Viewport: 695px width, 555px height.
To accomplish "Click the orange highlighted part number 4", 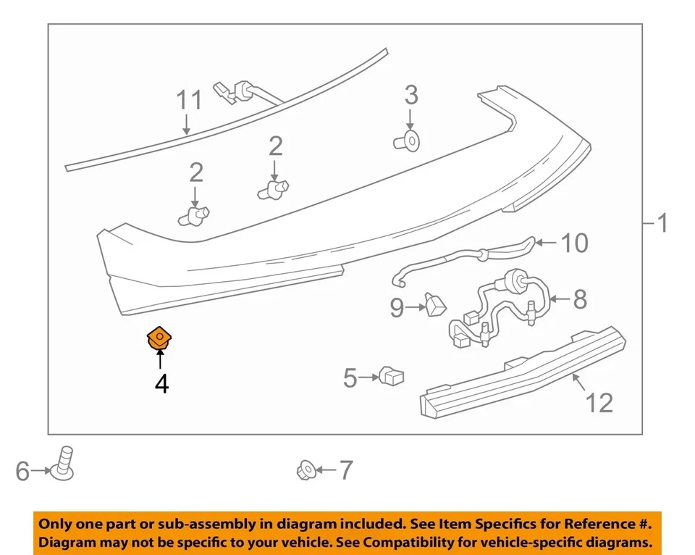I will [x=159, y=338].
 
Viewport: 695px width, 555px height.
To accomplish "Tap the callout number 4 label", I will [x=161, y=383].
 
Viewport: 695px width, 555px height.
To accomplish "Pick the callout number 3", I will [x=410, y=95].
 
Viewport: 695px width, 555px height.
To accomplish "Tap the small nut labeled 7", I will [x=304, y=471].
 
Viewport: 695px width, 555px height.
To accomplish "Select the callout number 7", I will [x=345, y=471].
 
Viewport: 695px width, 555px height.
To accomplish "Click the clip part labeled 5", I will [x=391, y=376].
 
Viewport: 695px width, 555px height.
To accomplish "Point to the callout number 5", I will [x=350, y=377].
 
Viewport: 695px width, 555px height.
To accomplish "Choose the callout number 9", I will [x=397, y=308].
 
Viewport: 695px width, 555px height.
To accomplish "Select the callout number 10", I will [x=575, y=243].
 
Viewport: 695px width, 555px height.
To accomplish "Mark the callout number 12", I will [x=599, y=402].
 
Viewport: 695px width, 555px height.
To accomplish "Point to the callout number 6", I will [x=23, y=472].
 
